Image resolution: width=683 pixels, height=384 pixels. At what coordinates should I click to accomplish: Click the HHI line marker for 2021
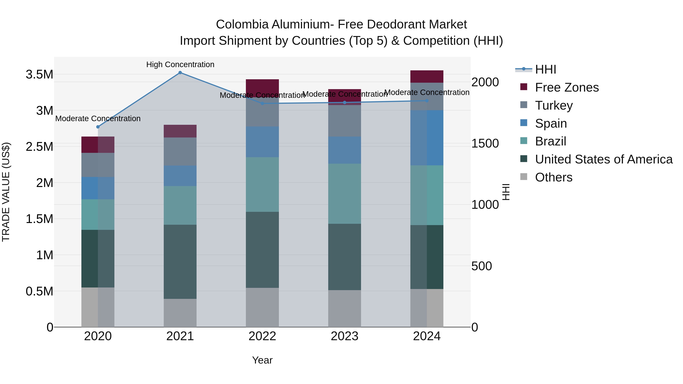click(180, 73)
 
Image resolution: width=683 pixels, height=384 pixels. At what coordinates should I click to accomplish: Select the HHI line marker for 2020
click(98, 127)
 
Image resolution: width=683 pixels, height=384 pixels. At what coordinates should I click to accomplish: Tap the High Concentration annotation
click(180, 64)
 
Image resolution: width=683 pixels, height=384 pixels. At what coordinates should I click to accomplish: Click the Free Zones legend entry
click(567, 87)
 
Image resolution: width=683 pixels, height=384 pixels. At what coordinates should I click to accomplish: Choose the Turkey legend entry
click(554, 105)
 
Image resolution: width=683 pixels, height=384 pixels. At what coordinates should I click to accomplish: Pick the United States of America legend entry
click(604, 159)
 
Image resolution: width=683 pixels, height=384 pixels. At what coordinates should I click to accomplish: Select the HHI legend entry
click(545, 69)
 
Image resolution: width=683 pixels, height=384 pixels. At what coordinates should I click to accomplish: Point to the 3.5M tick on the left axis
click(39, 75)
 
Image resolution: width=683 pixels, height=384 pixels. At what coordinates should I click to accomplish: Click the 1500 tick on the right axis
click(485, 143)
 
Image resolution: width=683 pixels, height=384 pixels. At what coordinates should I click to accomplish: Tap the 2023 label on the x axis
click(344, 336)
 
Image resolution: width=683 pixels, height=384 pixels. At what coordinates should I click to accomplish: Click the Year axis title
click(262, 360)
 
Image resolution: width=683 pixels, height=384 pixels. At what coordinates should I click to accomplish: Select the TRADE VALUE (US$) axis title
click(6, 192)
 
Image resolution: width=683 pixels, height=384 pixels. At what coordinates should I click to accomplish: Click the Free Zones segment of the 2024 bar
click(427, 77)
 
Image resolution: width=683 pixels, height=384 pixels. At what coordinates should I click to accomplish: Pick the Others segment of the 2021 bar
click(180, 313)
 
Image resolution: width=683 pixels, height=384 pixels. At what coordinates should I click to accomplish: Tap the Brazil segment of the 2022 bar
click(262, 185)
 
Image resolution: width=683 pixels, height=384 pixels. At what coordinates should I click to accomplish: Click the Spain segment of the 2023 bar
click(344, 150)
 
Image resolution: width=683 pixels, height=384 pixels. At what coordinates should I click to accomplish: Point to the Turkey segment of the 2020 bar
click(98, 165)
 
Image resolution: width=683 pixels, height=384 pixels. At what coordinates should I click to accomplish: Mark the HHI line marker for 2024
click(427, 101)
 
